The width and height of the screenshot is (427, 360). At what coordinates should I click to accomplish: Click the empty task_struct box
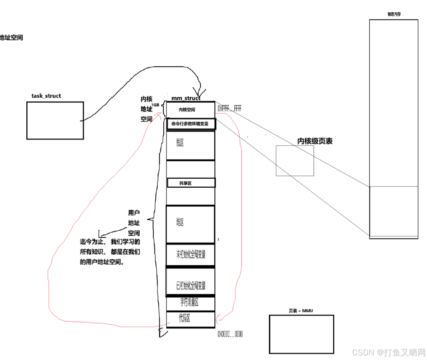[55, 120]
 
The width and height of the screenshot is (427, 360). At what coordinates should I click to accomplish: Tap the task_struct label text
[46, 96]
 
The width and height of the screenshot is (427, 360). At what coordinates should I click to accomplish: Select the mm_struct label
[186, 98]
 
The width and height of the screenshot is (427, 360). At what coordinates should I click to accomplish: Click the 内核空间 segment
[187, 110]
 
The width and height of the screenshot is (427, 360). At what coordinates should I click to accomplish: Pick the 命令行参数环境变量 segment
[190, 124]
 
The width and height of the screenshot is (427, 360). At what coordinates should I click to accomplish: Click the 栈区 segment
[190, 145]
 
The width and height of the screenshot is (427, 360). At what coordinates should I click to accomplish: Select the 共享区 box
[191, 183]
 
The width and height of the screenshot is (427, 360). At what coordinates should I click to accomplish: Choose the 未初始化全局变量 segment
[190, 255]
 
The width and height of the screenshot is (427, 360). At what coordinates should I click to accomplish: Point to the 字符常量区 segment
[190, 303]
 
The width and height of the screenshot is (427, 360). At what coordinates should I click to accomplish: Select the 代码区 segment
[190, 319]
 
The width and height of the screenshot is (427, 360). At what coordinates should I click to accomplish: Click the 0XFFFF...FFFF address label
[229, 109]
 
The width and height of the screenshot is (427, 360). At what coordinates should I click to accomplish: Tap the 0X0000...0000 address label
[230, 334]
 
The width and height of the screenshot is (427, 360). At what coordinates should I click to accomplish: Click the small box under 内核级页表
[295, 161]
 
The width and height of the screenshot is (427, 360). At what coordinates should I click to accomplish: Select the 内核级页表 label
[315, 141]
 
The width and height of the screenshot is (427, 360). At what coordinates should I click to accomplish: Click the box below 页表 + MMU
[301, 334]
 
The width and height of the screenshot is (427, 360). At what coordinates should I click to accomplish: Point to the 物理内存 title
[394, 14]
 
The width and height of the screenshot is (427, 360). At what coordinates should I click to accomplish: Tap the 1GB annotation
[155, 105]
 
